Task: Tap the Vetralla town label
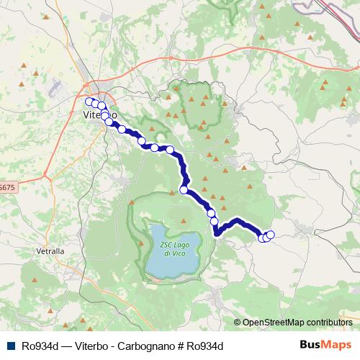[50, 251]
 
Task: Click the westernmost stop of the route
[89, 102]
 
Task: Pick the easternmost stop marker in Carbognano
[271, 235]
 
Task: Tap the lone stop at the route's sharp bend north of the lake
[184, 190]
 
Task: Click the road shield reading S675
[6, 187]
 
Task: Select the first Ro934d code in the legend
[39, 346]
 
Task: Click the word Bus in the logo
[311, 346]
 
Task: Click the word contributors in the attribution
[327, 322]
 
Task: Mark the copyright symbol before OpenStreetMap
[237, 322]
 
